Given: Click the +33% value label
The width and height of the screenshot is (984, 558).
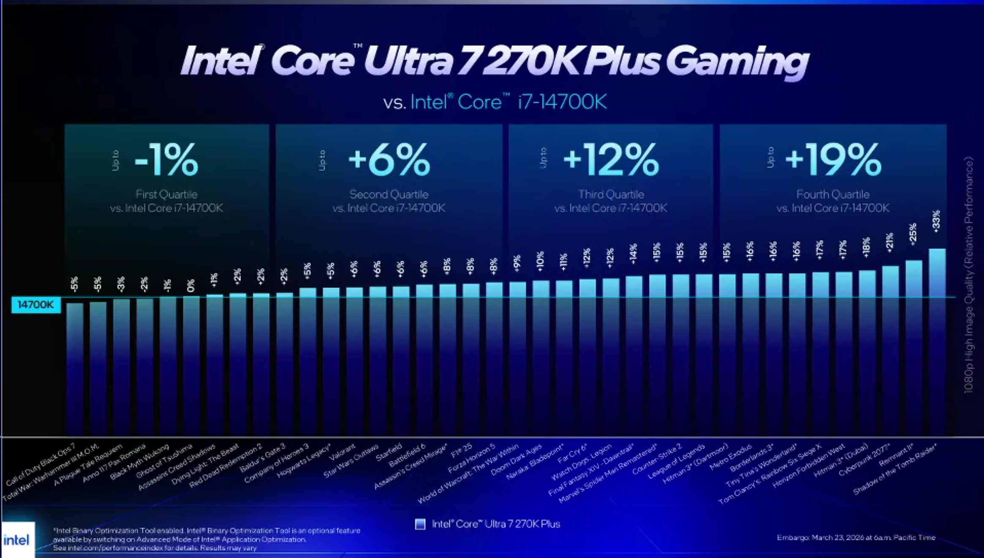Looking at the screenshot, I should (936, 221).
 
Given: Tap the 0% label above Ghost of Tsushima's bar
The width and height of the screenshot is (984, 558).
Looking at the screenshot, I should (191, 286).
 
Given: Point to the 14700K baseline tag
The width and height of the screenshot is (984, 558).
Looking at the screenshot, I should (36, 305).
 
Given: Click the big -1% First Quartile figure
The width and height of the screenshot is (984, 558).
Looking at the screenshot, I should (166, 160).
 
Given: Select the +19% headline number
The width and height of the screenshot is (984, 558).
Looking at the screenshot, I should (833, 160).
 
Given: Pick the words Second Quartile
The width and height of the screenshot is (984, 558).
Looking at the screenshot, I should (389, 194).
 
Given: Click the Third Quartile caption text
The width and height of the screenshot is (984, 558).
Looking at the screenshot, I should (611, 194).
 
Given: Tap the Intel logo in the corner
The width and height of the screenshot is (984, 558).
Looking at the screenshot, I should (17, 540).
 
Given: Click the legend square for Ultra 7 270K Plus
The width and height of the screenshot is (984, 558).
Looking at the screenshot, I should (420, 524).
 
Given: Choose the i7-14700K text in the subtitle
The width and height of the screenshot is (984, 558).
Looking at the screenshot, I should (562, 102).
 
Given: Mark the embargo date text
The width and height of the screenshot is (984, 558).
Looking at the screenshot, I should (856, 537).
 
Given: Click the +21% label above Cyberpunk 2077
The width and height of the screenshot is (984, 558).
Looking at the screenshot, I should (890, 242).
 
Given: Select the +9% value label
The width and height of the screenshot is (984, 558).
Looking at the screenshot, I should (517, 263).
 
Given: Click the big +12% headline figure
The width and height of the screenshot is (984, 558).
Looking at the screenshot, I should (611, 160).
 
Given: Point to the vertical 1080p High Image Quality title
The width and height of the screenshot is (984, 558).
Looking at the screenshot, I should (968, 275).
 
